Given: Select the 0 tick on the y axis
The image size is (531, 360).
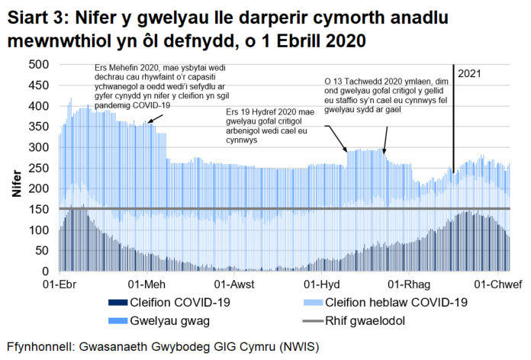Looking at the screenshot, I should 46,272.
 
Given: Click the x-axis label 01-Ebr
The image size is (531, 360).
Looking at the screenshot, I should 59,284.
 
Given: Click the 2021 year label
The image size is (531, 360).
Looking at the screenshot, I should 470,73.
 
